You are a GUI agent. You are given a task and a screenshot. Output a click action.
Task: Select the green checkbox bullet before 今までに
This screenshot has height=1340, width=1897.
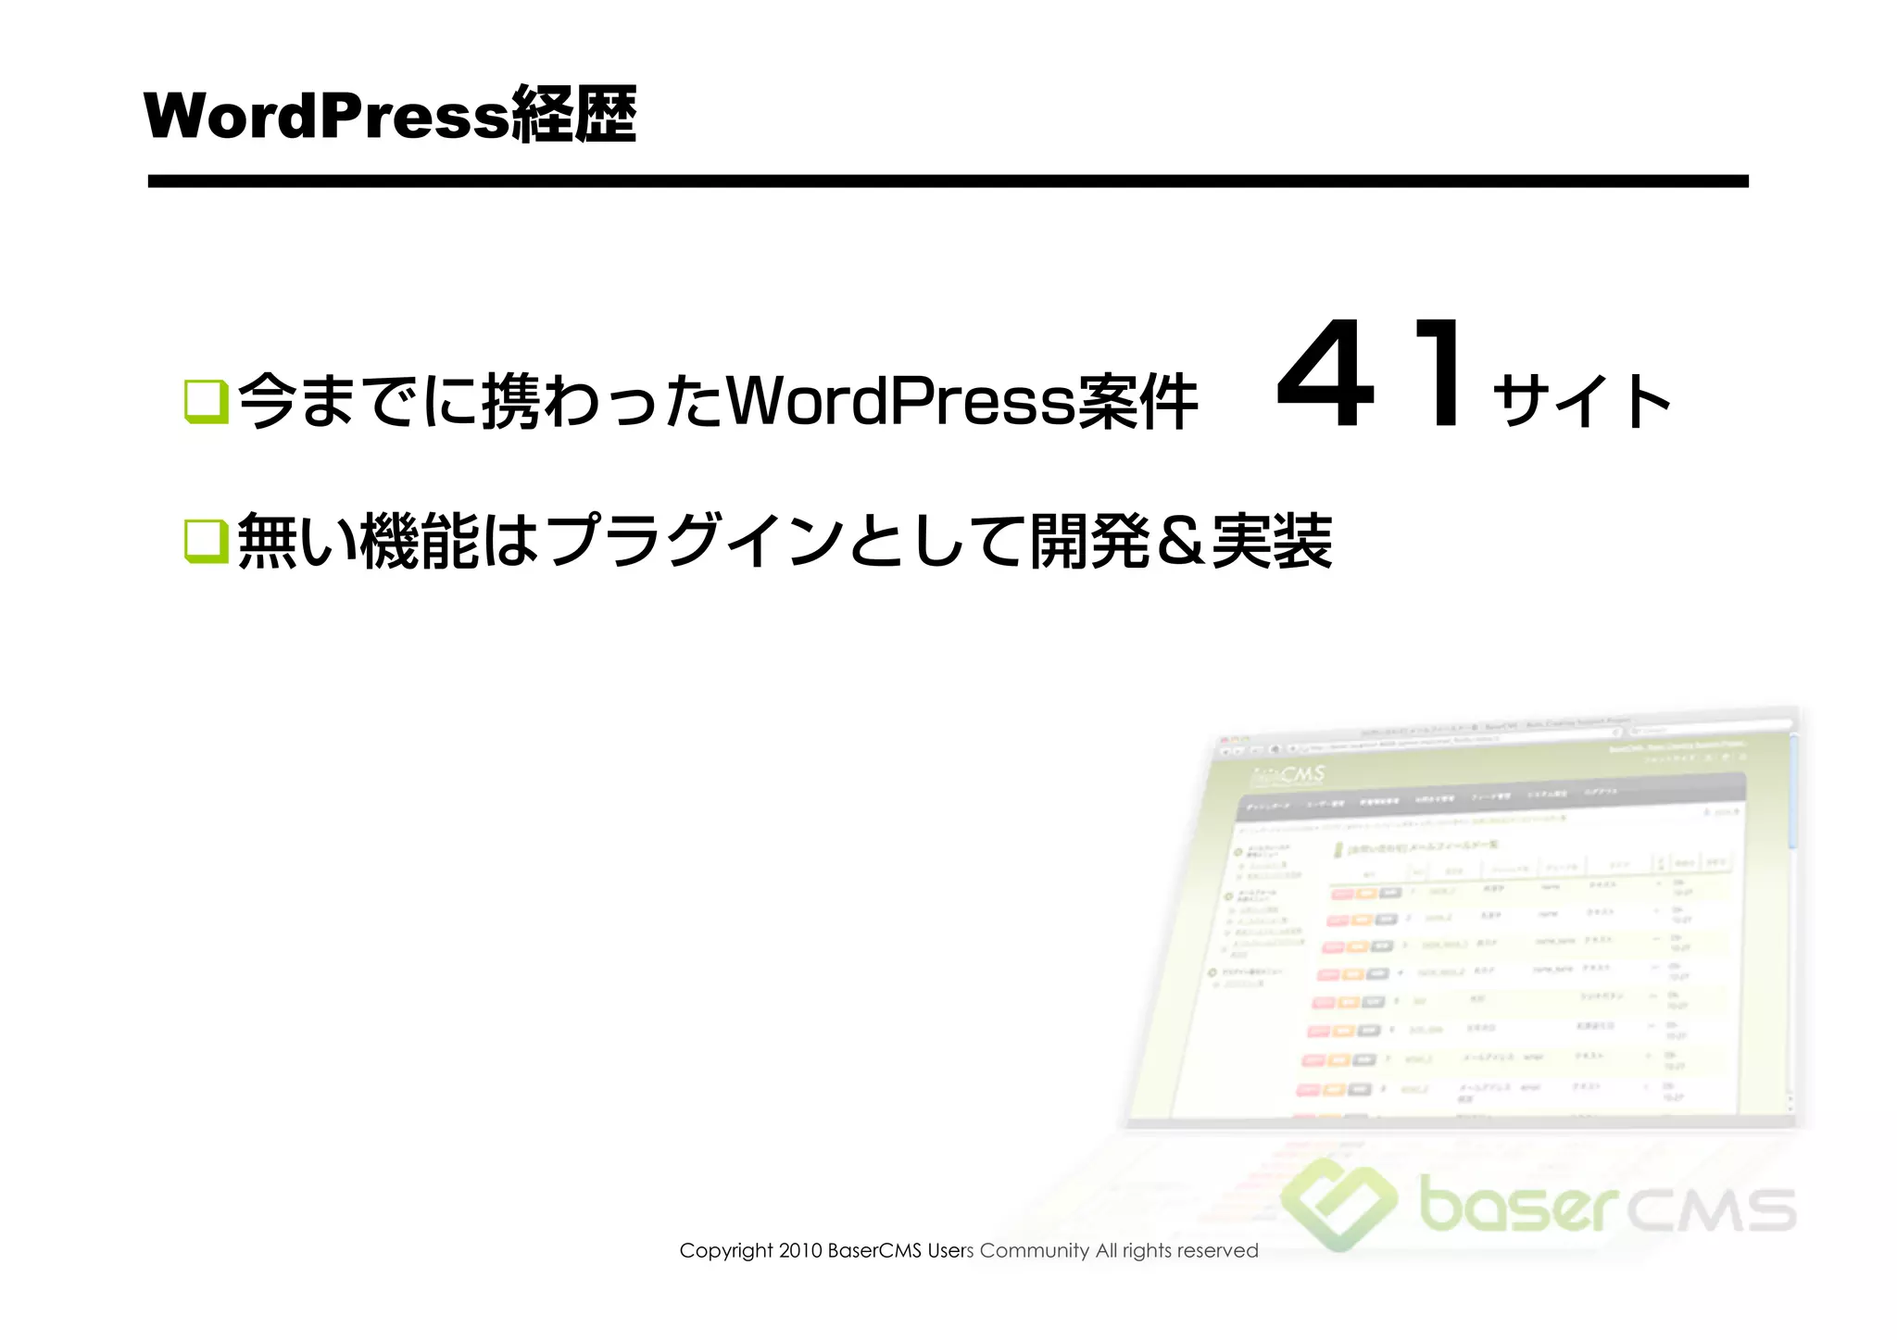click(x=206, y=401)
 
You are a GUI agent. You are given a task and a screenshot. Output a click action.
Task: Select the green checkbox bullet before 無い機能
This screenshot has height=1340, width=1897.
click(x=206, y=540)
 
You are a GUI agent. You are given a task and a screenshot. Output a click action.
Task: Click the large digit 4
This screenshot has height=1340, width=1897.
click(x=1325, y=375)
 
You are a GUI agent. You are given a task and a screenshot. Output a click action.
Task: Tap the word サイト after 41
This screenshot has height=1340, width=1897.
click(x=1581, y=401)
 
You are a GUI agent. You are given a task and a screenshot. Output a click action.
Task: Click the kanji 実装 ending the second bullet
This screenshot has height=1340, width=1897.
click(x=1272, y=542)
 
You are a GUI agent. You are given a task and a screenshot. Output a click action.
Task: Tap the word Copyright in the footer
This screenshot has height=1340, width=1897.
click(x=725, y=1251)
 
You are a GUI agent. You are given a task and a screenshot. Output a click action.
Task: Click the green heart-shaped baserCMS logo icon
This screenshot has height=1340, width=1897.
click(x=1339, y=1203)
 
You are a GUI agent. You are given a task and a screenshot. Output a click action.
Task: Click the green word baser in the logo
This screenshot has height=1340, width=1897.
click(x=1519, y=1205)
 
